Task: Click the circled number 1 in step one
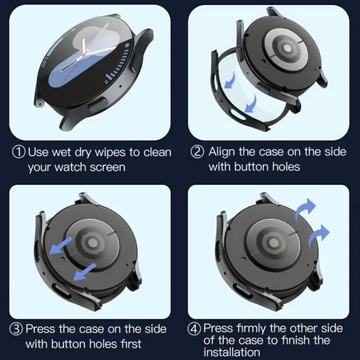pos(19,151)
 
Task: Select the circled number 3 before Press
pos(16,328)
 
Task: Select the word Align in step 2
pos(222,151)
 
